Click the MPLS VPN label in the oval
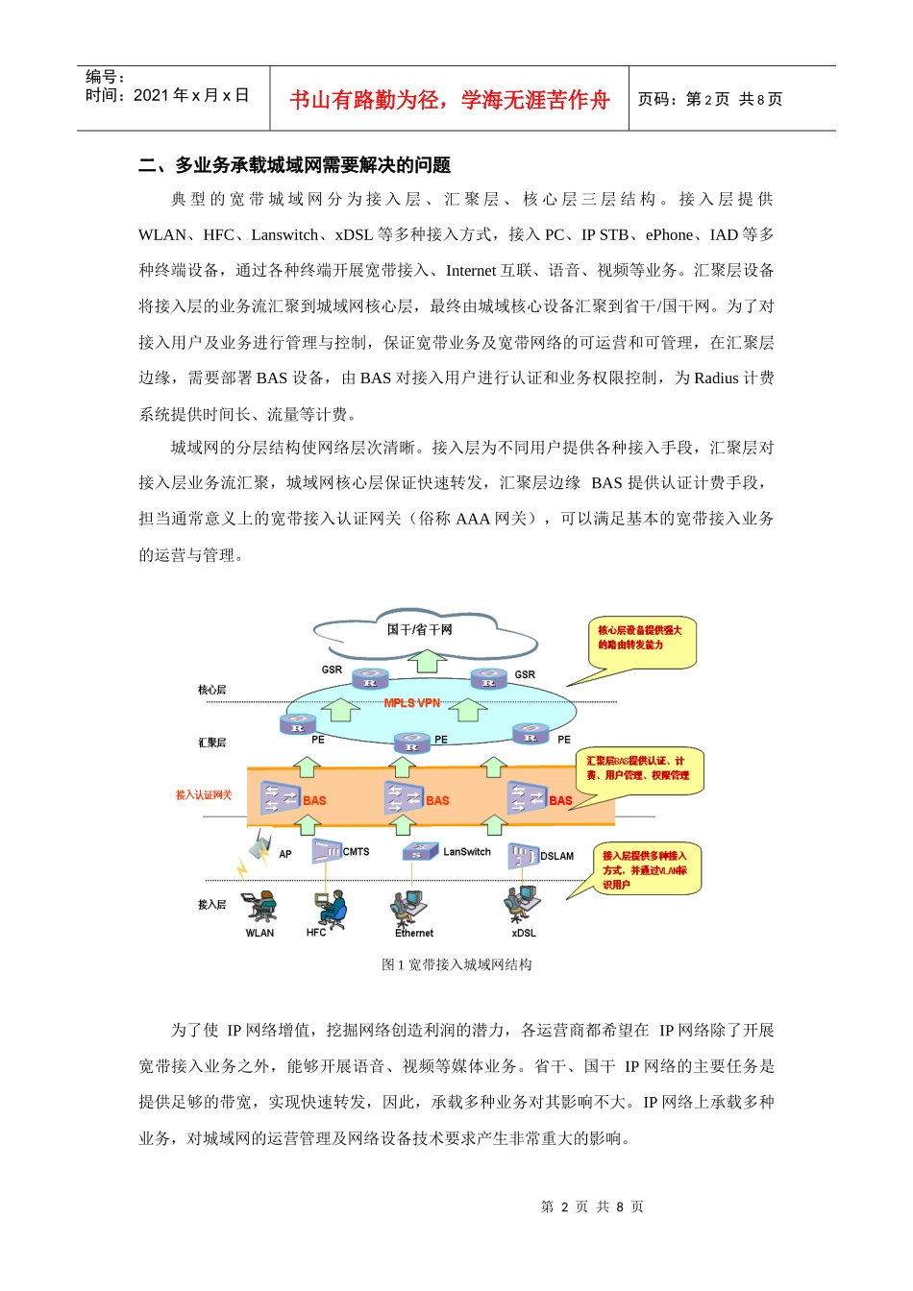[411, 703]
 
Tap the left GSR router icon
[370, 678]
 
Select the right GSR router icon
[488, 678]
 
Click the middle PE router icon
[412, 743]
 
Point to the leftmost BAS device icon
[281, 798]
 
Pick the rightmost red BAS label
[560, 800]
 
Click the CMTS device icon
[327, 851]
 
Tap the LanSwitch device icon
[421, 851]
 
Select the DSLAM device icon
[523, 855]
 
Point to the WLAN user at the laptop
[259, 905]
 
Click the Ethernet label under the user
[414, 933]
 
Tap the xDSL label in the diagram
[524, 933]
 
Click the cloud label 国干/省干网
[419, 630]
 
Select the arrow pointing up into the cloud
[428, 661]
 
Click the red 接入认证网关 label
[204, 795]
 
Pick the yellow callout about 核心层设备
[640, 641]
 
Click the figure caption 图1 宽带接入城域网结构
[456, 964]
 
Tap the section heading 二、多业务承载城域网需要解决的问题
[295, 165]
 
